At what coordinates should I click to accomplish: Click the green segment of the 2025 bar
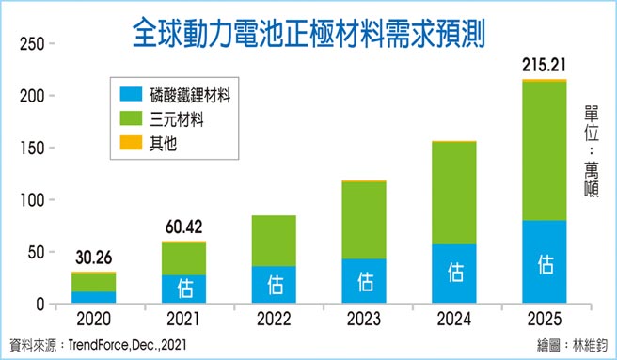(x=545, y=150)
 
